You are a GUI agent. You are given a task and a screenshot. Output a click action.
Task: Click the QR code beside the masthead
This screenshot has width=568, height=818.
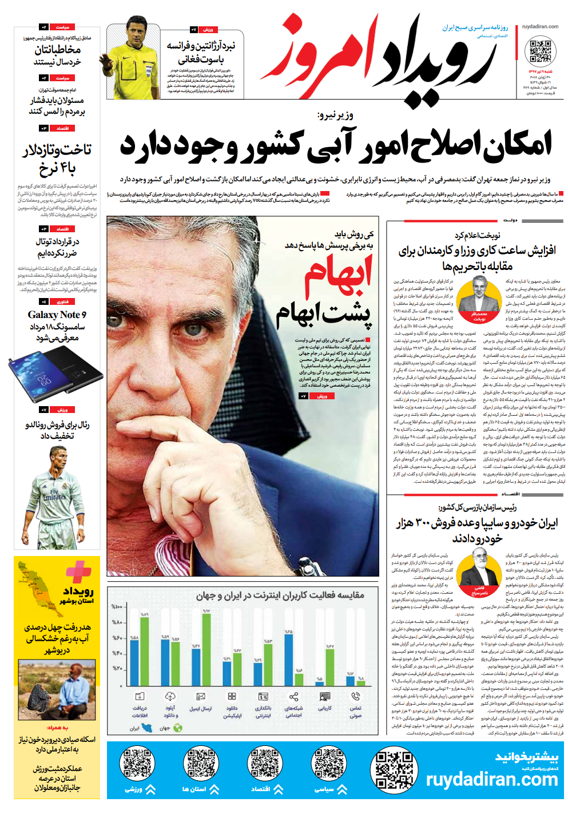[x=539, y=50]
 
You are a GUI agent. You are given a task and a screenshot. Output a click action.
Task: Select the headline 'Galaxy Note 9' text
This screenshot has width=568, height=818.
[x=57, y=315]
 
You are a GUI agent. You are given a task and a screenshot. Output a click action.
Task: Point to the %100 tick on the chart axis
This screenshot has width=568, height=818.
[x=117, y=607]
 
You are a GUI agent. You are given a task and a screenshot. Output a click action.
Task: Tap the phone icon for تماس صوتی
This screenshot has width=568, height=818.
[x=356, y=696]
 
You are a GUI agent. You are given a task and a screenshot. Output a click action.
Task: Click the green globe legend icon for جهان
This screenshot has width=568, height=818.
[x=178, y=728]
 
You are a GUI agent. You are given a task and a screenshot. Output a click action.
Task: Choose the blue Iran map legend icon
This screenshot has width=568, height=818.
[x=148, y=728]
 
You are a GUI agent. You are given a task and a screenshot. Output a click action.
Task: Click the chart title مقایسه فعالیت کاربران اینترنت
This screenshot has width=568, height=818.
[x=280, y=595]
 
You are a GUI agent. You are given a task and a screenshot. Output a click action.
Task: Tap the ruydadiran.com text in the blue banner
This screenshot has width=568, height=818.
[x=491, y=779]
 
